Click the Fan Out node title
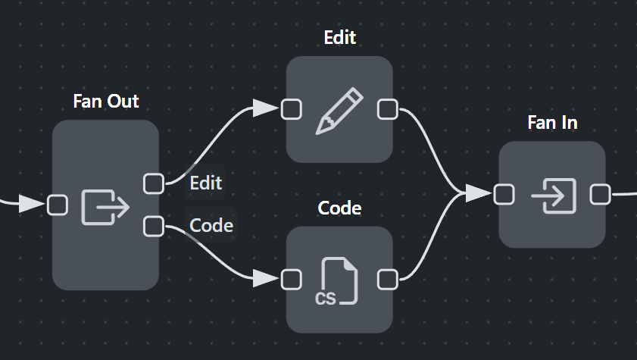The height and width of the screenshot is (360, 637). point(106,101)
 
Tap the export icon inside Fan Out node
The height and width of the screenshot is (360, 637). point(105,205)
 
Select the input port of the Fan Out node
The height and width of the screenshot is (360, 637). point(58,205)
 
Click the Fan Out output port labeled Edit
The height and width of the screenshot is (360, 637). point(154,183)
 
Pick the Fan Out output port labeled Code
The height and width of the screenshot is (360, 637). point(154,226)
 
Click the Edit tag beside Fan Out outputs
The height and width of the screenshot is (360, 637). point(205,183)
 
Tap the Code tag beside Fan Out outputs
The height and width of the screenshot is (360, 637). point(211,225)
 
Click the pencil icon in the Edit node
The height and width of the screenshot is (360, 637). point(339,111)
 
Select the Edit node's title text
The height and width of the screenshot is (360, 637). point(339,37)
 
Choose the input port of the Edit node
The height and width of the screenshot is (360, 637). point(292,110)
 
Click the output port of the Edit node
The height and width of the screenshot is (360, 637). point(388,110)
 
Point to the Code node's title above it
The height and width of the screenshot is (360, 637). point(339,208)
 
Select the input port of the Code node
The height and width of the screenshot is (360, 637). point(292,280)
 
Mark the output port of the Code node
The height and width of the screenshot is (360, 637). point(388,280)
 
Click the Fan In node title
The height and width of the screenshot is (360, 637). point(552,122)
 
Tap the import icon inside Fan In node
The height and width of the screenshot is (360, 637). point(553,195)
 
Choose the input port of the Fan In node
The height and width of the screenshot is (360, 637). point(504,195)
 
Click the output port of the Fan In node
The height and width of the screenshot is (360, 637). point(601,195)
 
